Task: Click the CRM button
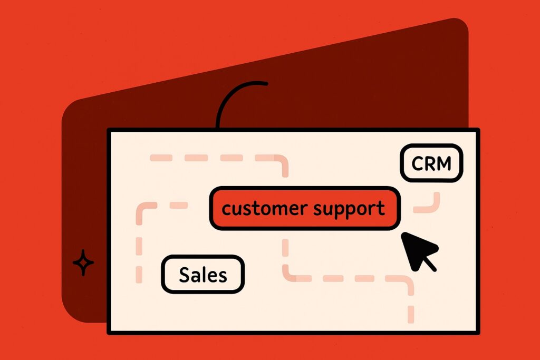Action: coord(431,163)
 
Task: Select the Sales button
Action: coord(203,274)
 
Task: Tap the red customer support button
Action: coord(305,208)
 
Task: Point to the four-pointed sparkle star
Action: coord(83,262)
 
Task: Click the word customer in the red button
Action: coord(265,209)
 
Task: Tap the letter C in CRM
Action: coord(418,163)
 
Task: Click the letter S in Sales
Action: coord(185,275)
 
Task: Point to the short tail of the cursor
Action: coord(430,264)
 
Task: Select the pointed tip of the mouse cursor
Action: coord(402,233)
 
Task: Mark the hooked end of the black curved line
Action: coord(265,83)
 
